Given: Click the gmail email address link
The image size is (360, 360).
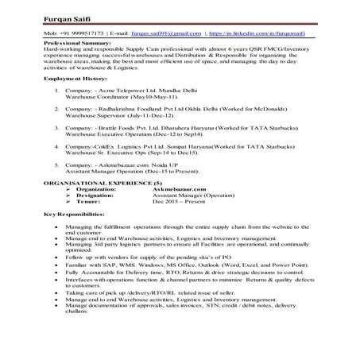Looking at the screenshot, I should (166, 34).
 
